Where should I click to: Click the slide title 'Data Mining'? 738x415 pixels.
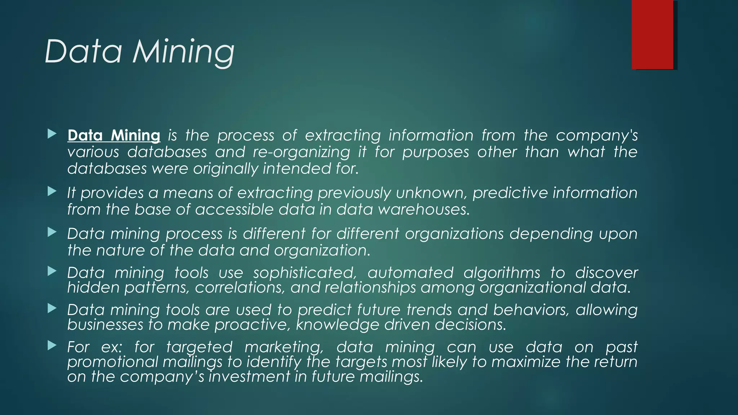[139, 52]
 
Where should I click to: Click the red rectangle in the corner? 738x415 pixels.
[652, 35]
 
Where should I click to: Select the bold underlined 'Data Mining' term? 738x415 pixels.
[114, 135]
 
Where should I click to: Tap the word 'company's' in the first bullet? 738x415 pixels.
[596, 136]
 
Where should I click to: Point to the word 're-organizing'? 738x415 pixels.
[301, 152]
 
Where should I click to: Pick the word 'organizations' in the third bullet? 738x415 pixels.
[454, 234]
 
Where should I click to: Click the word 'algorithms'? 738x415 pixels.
[502, 273]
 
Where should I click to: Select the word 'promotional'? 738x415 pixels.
[112, 362]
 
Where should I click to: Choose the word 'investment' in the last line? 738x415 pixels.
[249, 377]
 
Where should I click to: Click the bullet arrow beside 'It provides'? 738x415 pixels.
[52, 191]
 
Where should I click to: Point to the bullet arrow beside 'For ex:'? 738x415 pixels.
[52, 346]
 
